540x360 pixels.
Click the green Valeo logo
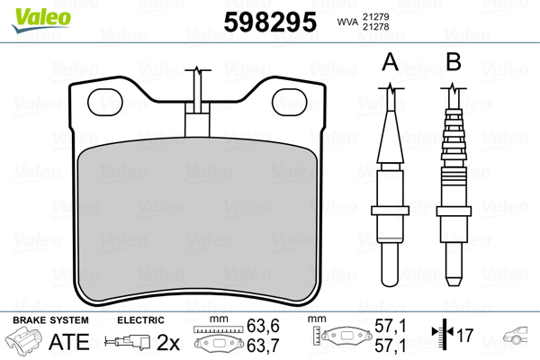coord(41,20)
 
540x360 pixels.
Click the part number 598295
coord(270,22)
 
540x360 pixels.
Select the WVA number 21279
coord(375,16)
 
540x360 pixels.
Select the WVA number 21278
coord(375,26)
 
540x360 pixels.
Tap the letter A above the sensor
coord(391,62)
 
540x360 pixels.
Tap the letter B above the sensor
coord(454,62)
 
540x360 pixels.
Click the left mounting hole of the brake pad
coord(105,102)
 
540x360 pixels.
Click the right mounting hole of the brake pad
coord(290,102)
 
